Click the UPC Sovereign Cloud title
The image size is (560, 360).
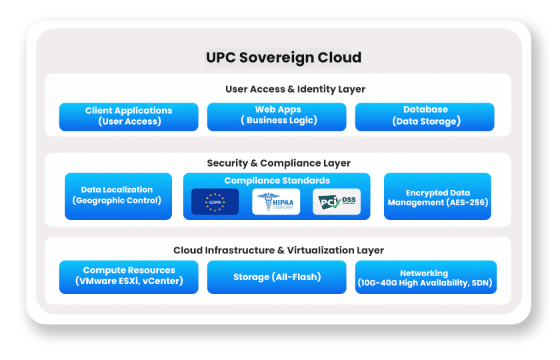284,57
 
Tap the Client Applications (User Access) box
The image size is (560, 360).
129,116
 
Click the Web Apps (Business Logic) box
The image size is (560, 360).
277,116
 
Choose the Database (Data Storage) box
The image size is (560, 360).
425,116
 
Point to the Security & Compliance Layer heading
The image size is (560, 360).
279,163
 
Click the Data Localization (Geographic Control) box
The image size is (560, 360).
117,195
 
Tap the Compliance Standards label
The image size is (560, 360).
277,181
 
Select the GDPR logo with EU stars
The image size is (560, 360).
215,202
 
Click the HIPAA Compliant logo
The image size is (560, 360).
276,202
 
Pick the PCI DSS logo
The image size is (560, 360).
337,202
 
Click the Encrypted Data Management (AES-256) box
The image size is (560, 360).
437,197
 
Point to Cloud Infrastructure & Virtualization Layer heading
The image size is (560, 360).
279,251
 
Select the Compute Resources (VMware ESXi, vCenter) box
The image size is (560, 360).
129,277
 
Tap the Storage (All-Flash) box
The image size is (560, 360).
277,277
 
